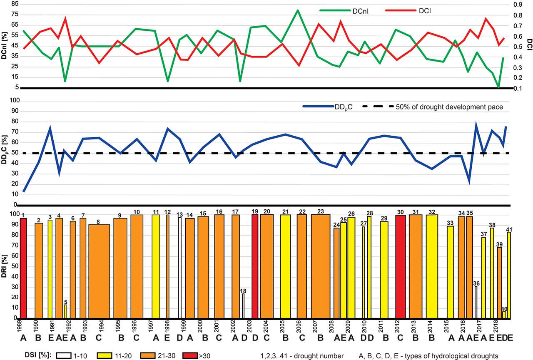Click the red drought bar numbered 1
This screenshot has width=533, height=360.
coord(23,268)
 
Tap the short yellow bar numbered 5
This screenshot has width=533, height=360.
coord(65,312)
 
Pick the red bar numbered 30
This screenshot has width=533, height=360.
coord(401,267)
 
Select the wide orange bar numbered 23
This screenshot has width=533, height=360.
coord(321,266)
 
